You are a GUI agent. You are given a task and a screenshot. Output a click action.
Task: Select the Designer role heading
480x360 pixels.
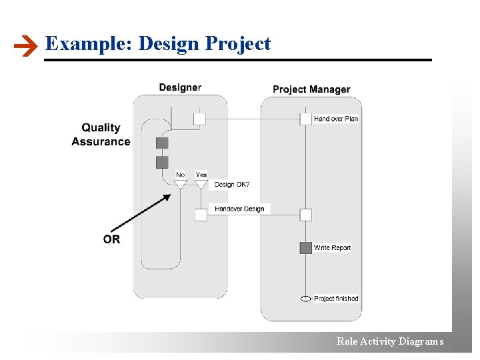180,87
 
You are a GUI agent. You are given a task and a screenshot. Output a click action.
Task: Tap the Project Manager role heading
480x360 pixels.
311,89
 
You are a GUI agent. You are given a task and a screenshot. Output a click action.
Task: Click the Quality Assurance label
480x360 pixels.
101,134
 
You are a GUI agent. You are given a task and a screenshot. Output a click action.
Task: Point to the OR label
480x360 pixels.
112,239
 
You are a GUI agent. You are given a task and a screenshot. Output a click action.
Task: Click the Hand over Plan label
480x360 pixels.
336,119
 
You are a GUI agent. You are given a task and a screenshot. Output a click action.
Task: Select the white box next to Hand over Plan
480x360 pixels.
305,119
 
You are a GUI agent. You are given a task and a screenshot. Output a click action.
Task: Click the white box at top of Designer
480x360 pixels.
199,119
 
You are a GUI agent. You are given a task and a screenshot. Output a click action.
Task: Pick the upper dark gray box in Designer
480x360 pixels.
162,143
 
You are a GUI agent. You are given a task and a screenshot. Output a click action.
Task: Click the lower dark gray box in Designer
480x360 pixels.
162,162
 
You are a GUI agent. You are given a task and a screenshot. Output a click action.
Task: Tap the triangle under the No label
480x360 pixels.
180,184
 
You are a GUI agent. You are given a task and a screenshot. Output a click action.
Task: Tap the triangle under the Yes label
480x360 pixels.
201,184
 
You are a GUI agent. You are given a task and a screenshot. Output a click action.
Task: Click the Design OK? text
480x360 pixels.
232,185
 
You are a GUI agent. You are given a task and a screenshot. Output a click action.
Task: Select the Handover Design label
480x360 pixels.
239,209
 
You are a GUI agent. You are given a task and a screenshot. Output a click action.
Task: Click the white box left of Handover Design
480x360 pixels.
201,215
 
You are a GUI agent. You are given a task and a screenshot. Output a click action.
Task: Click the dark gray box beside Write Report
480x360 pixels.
305,248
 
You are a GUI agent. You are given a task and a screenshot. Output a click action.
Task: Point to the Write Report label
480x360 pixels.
332,248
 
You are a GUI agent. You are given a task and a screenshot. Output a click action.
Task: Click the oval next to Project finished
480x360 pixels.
305,299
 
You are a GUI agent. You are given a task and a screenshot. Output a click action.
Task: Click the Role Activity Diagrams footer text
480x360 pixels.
390,341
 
